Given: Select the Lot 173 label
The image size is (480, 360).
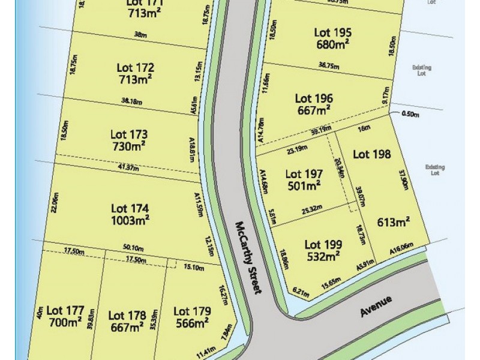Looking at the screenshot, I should click(129, 134).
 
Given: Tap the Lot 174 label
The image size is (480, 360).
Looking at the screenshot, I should click(130, 208).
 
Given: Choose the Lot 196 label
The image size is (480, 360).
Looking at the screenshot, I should click(314, 98).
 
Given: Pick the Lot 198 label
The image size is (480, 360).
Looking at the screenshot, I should click(372, 154).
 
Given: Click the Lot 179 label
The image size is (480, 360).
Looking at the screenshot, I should click(191, 311).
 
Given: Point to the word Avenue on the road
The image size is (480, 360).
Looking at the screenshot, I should click(376, 306).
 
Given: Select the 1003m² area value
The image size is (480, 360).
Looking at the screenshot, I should click(130, 220).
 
